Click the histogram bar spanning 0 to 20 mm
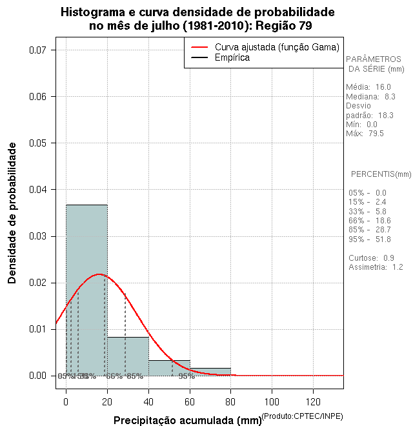[86, 290]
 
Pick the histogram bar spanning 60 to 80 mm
[210, 372]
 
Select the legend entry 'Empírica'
[232, 57]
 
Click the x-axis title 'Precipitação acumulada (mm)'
[183, 420]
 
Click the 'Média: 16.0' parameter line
[368, 86]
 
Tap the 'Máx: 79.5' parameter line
[365, 134]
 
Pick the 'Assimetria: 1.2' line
[376, 267]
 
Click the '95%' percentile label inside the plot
[186, 376]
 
